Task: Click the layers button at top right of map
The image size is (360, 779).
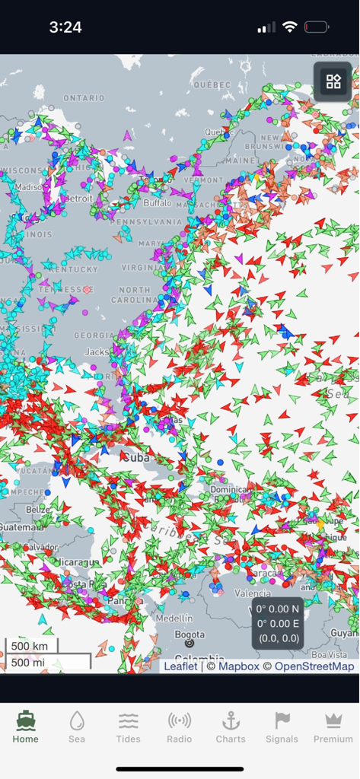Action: pyautogui.click(x=333, y=81)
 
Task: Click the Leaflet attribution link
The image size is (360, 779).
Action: pyautogui.click(x=180, y=666)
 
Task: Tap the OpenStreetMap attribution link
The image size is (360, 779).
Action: pyautogui.click(x=314, y=666)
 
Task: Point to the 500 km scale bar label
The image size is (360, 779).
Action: pyautogui.click(x=30, y=647)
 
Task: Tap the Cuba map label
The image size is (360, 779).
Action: pyautogui.click(x=135, y=458)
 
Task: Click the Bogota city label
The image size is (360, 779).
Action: pyautogui.click(x=190, y=634)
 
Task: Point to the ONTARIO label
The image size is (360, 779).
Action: pyautogui.click(x=84, y=98)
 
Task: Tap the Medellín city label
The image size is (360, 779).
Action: pyautogui.click(x=176, y=618)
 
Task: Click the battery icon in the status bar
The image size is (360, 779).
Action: pyautogui.click(x=316, y=27)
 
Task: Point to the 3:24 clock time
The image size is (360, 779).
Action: pyautogui.click(x=65, y=27)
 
